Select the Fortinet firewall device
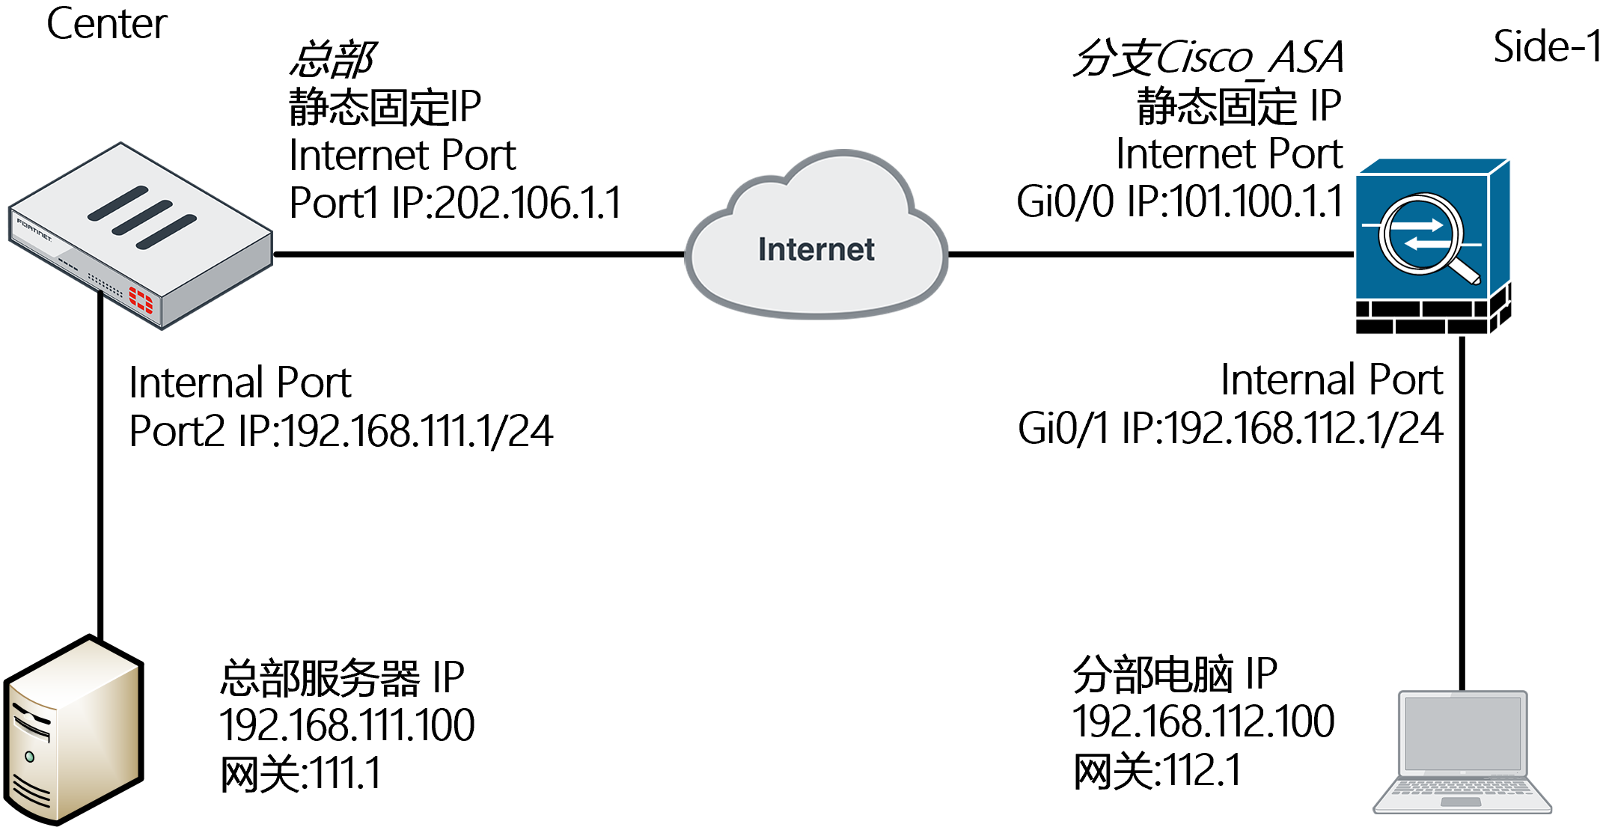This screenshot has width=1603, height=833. (141, 236)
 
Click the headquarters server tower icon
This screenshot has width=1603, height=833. (73, 730)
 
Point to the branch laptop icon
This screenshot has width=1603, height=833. (1462, 752)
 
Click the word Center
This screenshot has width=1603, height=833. (106, 24)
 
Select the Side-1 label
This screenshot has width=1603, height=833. (1546, 46)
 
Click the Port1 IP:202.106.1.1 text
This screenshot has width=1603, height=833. (455, 203)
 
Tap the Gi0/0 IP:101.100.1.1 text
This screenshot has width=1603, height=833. (1179, 202)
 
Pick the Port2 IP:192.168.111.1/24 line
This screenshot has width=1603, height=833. (341, 431)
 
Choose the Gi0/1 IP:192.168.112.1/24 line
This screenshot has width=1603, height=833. (1230, 429)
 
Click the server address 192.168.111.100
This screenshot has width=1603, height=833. (346, 724)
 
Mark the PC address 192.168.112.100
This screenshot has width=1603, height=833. (1203, 721)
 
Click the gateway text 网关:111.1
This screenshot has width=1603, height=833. (301, 773)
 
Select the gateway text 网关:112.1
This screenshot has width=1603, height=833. (1157, 771)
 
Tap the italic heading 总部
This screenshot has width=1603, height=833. (332, 60)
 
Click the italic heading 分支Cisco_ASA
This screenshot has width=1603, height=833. (1209, 58)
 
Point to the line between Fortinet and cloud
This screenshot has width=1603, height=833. (479, 254)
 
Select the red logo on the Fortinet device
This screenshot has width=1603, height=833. (141, 299)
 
